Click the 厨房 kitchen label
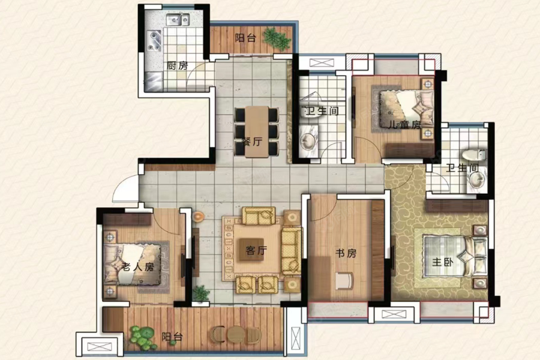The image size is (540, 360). tap(177, 65)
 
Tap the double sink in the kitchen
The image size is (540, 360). tap(178, 20)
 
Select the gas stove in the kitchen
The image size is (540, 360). tap(154, 41)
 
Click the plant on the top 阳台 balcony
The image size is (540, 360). tap(277, 38)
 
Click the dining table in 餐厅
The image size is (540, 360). tap(257, 131)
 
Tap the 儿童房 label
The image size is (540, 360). tap(404, 124)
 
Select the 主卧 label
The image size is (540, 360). tap(443, 262)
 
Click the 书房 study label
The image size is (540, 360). tap(346, 253)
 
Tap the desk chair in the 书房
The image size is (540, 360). tap(344, 280)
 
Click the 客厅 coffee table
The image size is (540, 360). tap(251, 250)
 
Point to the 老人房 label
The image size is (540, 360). tap(138, 266)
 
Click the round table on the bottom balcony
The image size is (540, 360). tap(236, 334)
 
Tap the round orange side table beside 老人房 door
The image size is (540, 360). tap(199, 217)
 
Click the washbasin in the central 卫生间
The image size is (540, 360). tap(307, 140)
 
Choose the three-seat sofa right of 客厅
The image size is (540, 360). tap(292, 251)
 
